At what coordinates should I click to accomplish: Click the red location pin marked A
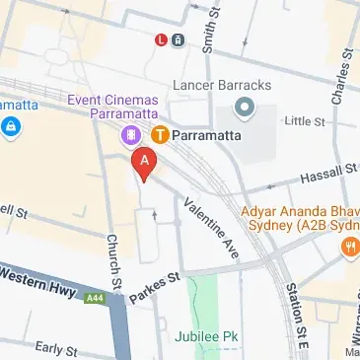145,163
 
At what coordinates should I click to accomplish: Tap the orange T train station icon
159,134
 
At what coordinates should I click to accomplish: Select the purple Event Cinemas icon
130,135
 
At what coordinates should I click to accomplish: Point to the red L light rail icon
161,40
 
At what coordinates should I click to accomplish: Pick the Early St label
55,349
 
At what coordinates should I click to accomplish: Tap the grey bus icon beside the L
178,40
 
